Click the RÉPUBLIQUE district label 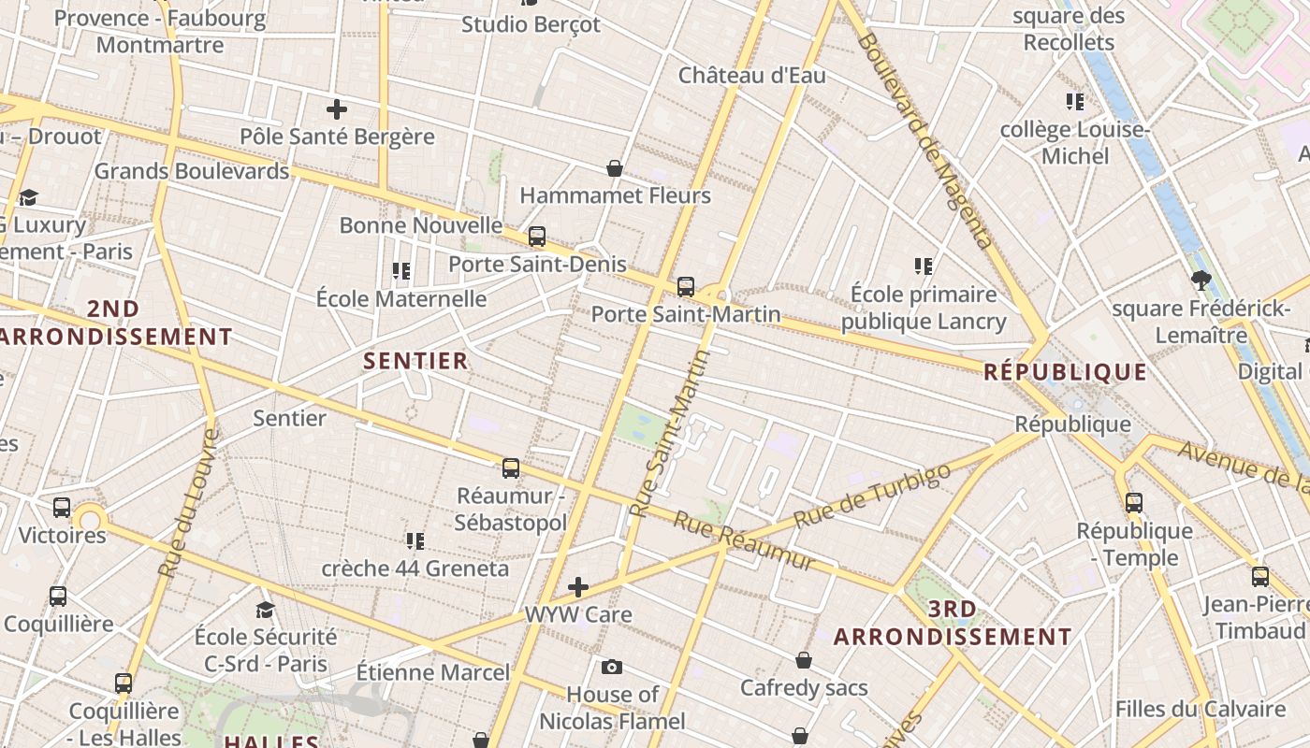click(x=1065, y=372)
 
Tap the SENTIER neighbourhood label click(x=415, y=361)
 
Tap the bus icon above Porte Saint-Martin click(x=686, y=287)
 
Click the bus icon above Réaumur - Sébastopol click(x=511, y=467)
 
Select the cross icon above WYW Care click(x=578, y=587)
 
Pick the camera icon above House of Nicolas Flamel click(x=612, y=667)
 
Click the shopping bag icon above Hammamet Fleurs click(x=615, y=168)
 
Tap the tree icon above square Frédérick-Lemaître click(x=1201, y=280)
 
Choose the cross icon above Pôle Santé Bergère click(x=337, y=109)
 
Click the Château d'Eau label click(x=752, y=75)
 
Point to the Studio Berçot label click(x=531, y=24)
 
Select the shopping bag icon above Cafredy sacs click(x=804, y=660)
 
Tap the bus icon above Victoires click(x=62, y=508)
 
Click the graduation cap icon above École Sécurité click(x=265, y=611)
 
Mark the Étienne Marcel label click(x=433, y=672)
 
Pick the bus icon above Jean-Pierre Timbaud click(x=1260, y=577)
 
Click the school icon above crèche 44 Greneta click(x=415, y=540)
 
